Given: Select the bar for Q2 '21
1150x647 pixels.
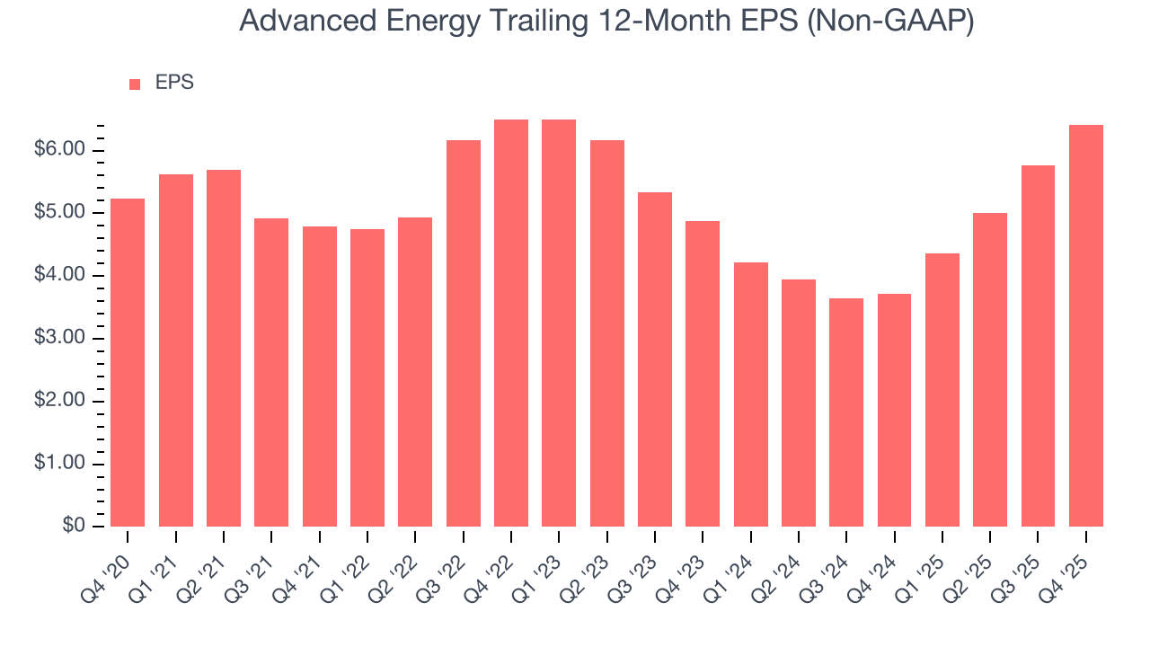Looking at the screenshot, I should click(x=224, y=348).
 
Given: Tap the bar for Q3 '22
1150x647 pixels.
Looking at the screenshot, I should click(x=463, y=333).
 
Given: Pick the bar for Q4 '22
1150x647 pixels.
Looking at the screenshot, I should click(x=511, y=323).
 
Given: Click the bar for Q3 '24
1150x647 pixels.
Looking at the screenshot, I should click(x=846, y=412).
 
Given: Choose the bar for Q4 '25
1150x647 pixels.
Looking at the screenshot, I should click(x=1086, y=325).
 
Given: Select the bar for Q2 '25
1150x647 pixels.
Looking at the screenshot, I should click(x=990, y=369).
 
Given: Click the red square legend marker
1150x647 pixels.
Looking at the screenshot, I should click(x=135, y=84).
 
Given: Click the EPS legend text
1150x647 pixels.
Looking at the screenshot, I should click(x=174, y=83).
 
